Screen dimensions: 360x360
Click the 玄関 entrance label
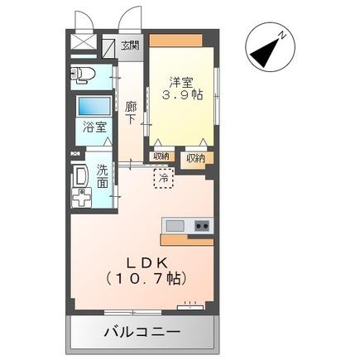coord(130,46)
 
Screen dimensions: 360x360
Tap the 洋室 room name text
coord(181,82)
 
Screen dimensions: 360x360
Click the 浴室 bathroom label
coord(94,127)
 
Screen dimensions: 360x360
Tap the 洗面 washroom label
coord(102,175)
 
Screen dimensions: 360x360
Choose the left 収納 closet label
coord(161,156)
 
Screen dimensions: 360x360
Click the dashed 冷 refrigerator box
coord(163,178)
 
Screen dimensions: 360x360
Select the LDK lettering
coord(139,258)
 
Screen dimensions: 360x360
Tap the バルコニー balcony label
coord(142,334)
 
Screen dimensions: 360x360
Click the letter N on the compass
coord(282,36)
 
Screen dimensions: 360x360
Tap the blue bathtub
coord(94,107)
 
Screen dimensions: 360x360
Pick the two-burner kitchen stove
coord(202,226)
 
